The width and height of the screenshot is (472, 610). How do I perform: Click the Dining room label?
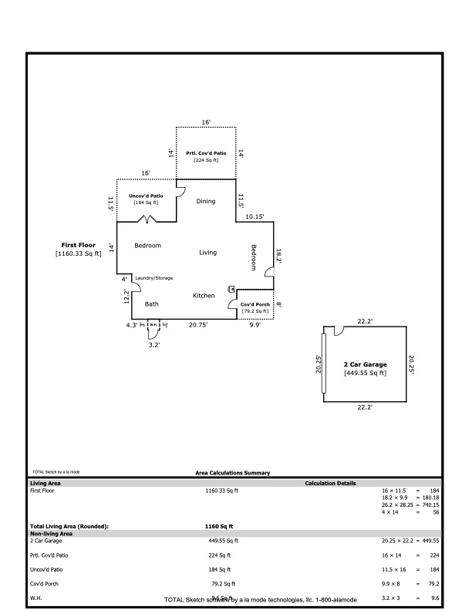point(205,201)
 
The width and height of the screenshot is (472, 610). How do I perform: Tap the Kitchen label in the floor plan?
point(204,296)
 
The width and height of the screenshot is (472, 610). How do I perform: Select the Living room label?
point(208,253)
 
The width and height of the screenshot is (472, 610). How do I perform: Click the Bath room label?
point(152,304)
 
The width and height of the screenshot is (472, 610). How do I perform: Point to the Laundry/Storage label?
point(154,278)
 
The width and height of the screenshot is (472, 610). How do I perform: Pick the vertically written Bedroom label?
point(254,257)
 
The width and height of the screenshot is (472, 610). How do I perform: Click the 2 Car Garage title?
point(365,364)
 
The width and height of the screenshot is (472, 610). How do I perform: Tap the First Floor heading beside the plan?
point(79,245)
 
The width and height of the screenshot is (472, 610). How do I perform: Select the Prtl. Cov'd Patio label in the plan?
point(206,153)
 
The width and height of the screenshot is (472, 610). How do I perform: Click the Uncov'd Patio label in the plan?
point(146,196)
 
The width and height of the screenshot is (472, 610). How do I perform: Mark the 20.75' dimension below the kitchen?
point(198,326)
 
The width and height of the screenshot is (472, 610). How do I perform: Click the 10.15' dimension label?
point(255,217)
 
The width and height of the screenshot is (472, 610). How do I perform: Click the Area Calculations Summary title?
point(233,473)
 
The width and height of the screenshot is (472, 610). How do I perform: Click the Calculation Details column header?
point(330,483)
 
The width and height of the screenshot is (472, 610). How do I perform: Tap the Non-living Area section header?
point(51,533)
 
